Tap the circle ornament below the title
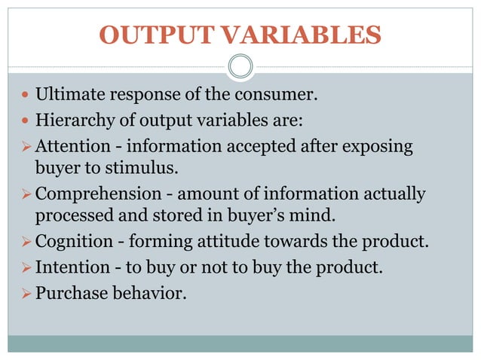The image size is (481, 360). [x=240, y=68]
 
